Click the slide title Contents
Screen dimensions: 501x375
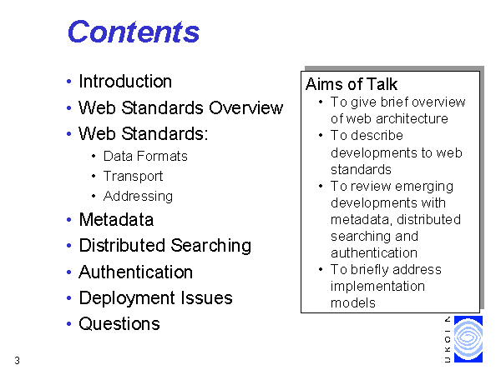(134, 32)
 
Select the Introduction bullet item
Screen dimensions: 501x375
(125, 82)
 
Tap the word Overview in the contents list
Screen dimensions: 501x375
(246, 107)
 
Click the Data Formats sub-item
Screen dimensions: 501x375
(145, 157)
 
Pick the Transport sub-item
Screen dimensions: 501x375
(134, 177)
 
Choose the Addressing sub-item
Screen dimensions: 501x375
(138, 197)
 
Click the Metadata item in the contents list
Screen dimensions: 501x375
(116, 220)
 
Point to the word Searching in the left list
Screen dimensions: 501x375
(211, 246)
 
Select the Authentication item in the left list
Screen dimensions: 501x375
(136, 272)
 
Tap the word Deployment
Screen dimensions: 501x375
(127, 298)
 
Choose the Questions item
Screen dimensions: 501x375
(119, 324)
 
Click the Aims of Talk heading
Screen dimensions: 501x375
(352, 84)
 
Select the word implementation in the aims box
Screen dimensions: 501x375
(377, 287)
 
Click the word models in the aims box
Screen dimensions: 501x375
(353, 303)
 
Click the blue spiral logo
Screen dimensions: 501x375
(468, 339)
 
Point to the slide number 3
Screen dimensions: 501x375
(17, 361)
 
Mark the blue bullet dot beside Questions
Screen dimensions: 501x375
(68, 324)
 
